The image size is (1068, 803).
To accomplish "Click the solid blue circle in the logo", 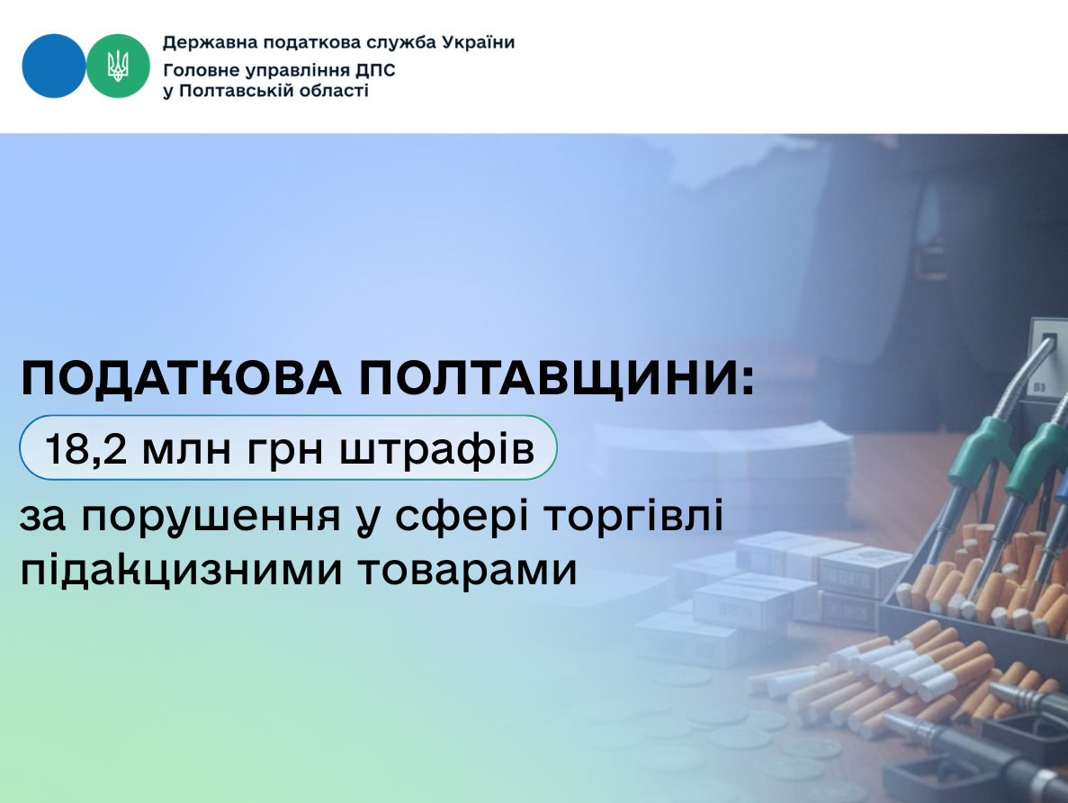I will [53, 66].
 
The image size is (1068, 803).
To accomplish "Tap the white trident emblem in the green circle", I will [118, 66].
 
